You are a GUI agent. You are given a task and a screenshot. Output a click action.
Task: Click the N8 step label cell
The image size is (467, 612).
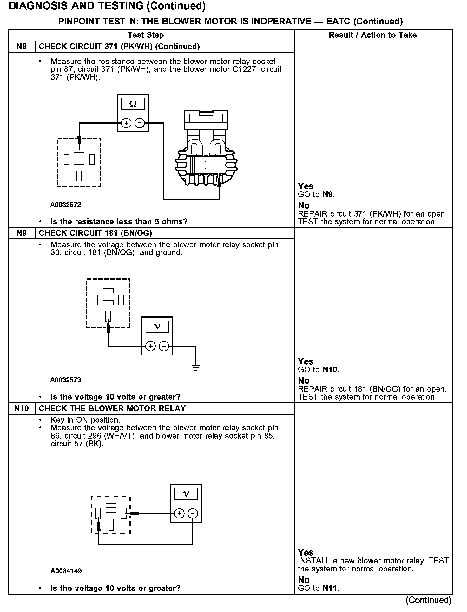[x=22, y=47]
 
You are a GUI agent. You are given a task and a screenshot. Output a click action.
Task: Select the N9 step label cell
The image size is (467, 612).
[x=22, y=233]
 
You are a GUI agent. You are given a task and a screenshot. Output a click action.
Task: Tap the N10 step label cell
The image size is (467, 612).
[x=22, y=408]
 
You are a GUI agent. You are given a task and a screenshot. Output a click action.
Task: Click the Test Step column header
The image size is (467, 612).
[x=146, y=35]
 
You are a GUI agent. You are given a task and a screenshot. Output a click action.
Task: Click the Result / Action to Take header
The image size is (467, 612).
[x=372, y=35]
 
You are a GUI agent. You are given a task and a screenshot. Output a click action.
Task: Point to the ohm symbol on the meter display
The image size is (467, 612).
[x=133, y=104]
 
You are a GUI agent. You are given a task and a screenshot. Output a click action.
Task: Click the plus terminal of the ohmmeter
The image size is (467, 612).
[x=126, y=123]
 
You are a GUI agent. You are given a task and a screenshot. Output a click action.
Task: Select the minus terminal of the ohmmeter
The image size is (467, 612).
[x=140, y=123]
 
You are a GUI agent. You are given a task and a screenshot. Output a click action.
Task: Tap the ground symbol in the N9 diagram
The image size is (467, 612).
[x=196, y=368]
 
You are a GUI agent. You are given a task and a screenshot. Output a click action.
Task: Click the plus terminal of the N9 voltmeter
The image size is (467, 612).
[x=150, y=346]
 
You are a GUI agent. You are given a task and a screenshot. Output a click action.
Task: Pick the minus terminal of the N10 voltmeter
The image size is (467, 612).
[x=193, y=513]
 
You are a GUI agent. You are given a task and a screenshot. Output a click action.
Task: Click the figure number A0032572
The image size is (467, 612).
[x=66, y=205]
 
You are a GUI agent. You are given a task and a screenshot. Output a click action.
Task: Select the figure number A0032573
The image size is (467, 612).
[x=66, y=380]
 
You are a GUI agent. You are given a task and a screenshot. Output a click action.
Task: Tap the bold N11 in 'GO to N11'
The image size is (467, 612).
[x=330, y=588]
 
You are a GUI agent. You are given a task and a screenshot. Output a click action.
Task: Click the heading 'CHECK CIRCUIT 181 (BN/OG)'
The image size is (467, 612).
[x=95, y=233]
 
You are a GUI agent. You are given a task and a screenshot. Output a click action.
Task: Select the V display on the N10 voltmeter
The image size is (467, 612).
[x=186, y=494]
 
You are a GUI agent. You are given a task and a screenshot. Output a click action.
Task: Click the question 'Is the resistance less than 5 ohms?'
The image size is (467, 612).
[x=119, y=222]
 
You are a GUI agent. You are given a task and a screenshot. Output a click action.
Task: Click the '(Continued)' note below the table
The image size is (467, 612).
[x=428, y=600]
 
